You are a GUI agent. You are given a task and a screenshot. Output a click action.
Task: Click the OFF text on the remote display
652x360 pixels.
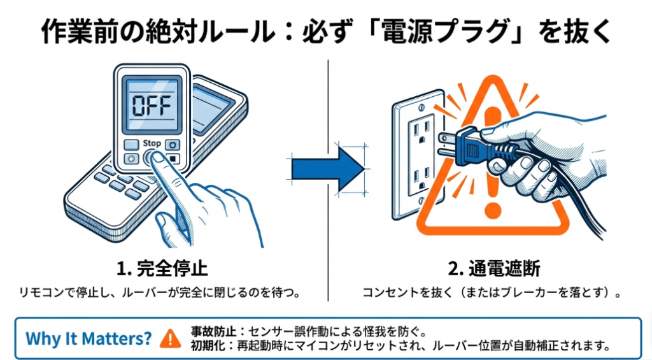(151, 105)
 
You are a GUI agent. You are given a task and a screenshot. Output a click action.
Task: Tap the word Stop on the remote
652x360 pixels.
(152, 143)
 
